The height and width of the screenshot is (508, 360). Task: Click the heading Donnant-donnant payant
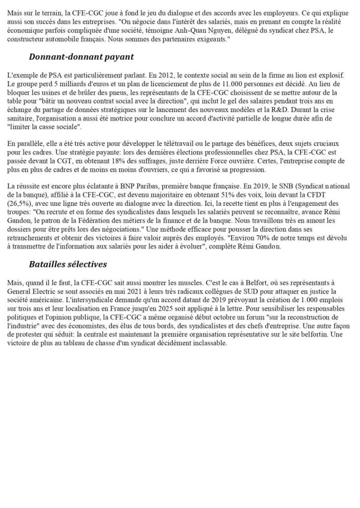click(x=81, y=57)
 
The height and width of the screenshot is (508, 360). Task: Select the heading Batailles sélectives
click(x=67, y=264)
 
